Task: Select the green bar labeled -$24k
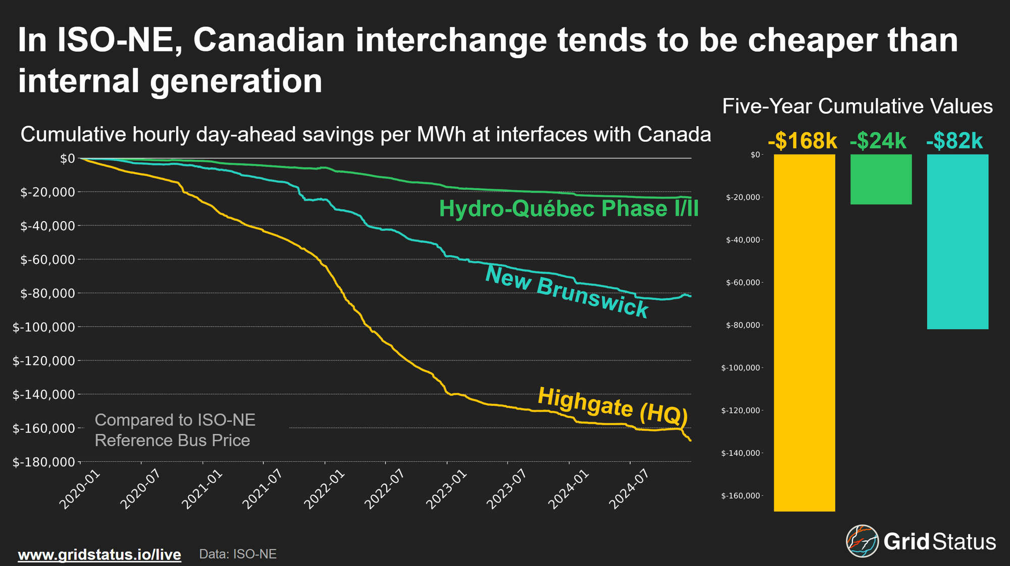(x=881, y=179)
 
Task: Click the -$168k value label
(x=802, y=141)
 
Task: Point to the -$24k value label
(x=878, y=141)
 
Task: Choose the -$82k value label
(x=954, y=141)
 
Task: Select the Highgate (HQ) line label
(x=613, y=406)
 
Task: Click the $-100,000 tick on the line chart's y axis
(x=44, y=327)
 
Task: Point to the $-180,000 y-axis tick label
(x=44, y=462)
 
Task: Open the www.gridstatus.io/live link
(x=99, y=554)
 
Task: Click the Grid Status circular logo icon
(x=862, y=541)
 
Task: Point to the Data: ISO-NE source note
(x=238, y=554)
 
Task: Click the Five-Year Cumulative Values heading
(x=857, y=107)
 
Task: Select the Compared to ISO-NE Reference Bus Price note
(x=175, y=430)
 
